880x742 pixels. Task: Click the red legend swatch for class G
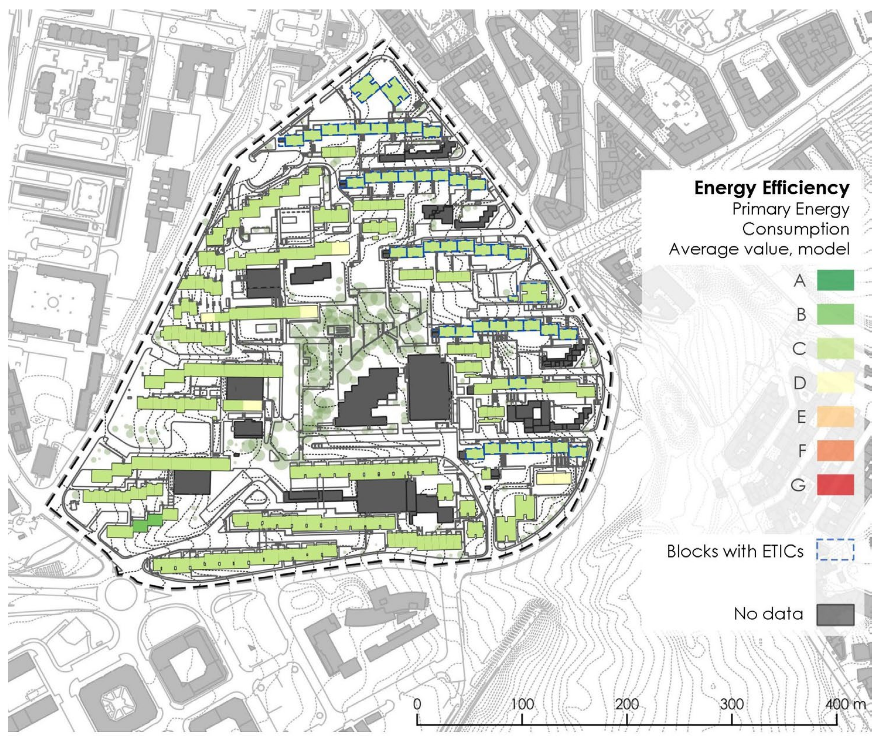(x=835, y=485)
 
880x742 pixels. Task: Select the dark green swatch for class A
(x=835, y=280)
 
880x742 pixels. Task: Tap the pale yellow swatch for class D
(x=835, y=382)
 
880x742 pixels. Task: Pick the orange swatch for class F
(x=835, y=450)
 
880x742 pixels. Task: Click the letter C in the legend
(x=799, y=348)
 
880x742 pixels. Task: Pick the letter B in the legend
(x=801, y=314)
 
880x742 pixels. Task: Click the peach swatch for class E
(x=835, y=416)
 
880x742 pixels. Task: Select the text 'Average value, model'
(x=759, y=249)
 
